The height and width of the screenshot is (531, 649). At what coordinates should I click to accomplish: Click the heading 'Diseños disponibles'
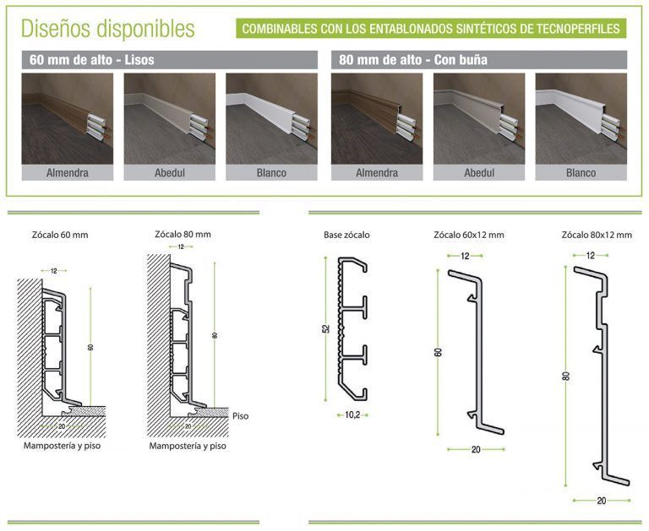tap(107, 29)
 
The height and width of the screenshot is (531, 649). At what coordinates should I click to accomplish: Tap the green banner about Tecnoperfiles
tap(431, 29)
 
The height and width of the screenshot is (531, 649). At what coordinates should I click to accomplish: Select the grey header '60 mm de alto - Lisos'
tap(170, 60)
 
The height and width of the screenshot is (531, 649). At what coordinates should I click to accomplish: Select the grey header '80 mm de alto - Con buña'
tap(479, 60)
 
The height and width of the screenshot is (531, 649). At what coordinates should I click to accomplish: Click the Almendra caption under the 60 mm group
tap(68, 173)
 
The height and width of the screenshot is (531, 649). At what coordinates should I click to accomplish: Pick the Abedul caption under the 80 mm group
tap(479, 173)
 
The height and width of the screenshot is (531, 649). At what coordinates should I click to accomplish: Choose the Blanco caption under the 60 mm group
tap(271, 173)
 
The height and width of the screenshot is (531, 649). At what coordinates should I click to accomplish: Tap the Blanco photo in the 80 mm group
tap(581, 119)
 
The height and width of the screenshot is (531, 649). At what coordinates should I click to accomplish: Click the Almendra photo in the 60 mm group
tap(68, 119)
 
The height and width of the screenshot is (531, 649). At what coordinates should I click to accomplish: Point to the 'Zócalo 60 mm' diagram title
tap(60, 235)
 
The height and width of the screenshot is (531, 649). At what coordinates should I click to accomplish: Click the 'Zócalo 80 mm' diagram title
tap(183, 234)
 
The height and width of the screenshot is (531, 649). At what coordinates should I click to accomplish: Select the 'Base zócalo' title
tap(346, 235)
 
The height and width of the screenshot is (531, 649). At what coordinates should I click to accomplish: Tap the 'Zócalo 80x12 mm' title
tap(597, 235)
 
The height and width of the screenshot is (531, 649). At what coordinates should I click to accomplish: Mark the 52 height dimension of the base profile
tap(326, 328)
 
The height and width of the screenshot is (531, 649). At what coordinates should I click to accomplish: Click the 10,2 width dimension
tap(352, 415)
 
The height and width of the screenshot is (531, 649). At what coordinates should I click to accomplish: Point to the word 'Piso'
tap(241, 416)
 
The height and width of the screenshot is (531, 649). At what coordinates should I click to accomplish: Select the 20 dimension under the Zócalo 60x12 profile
tap(476, 449)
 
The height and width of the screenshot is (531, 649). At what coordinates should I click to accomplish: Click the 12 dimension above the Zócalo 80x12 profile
tap(591, 256)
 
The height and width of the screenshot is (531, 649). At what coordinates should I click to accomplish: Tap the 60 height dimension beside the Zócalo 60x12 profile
tap(439, 352)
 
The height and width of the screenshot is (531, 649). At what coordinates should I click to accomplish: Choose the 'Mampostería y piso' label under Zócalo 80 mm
tap(188, 446)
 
